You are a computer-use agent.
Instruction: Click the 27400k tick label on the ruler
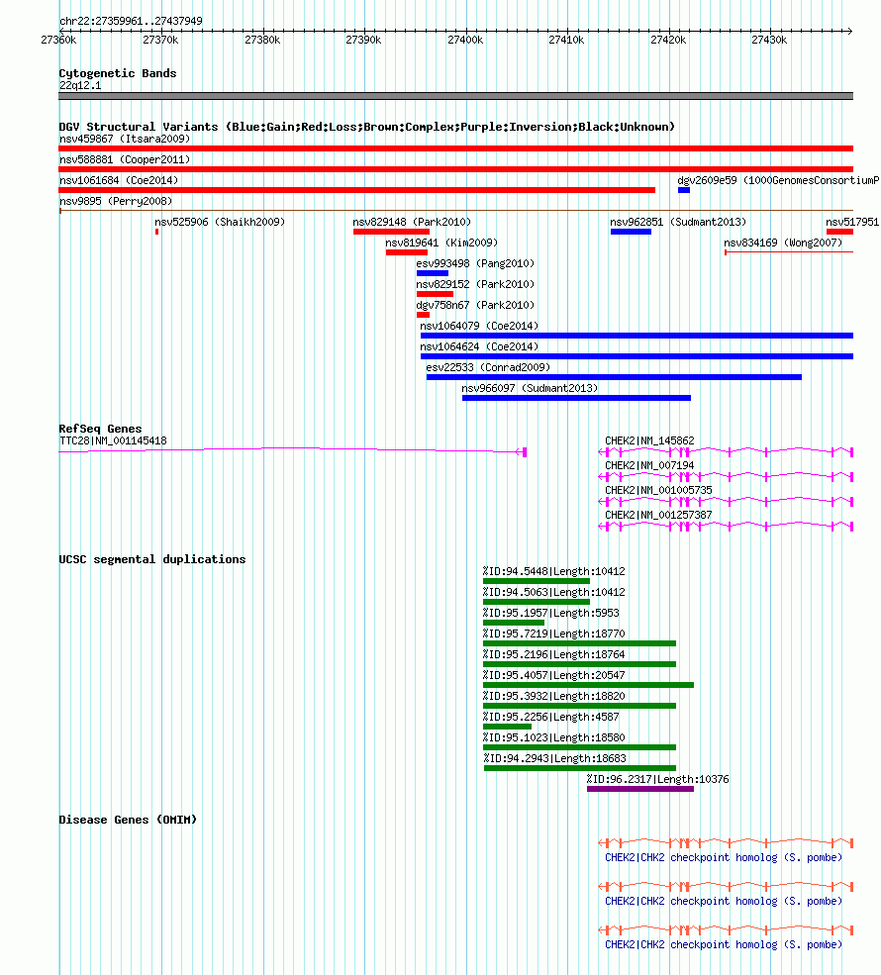click(x=465, y=40)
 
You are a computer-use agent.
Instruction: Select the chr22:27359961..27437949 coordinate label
click(x=131, y=21)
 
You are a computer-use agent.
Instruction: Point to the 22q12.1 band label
click(x=80, y=86)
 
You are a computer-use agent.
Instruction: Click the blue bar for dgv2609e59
click(x=684, y=190)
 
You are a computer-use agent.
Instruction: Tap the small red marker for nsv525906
click(x=156, y=232)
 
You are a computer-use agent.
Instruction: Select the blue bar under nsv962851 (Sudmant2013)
click(x=632, y=232)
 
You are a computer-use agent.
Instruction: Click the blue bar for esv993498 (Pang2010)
click(x=433, y=273)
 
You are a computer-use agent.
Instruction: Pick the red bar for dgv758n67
click(x=423, y=315)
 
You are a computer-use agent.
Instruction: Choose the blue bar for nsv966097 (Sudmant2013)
click(x=576, y=398)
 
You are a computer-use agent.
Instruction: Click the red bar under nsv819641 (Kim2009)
click(x=407, y=252)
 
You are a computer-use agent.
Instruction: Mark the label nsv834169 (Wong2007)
click(x=783, y=243)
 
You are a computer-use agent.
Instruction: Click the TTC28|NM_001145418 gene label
click(x=113, y=440)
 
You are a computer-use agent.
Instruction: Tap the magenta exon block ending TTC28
click(x=525, y=452)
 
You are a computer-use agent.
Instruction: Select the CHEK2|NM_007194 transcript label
click(x=649, y=465)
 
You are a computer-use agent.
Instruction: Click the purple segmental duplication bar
click(x=640, y=789)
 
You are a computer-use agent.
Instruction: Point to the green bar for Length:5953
click(x=514, y=623)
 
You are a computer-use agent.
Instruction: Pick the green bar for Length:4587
click(x=508, y=727)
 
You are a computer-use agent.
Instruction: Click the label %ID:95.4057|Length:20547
click(x=554, y=675)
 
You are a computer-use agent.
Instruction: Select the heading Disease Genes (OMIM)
click(x=128, y=820)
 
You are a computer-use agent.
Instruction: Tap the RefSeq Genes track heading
click(x=100, y=429)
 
